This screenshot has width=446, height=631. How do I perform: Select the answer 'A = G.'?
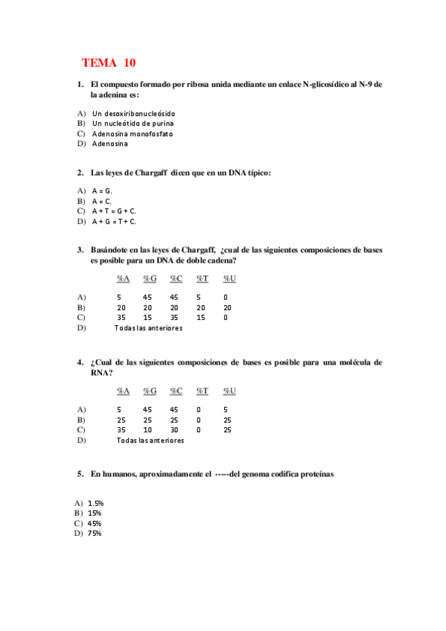[x=102, y=191]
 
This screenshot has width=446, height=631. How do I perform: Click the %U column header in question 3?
[x=229, y=278]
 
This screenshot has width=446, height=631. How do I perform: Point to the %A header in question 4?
[x=123, y=391]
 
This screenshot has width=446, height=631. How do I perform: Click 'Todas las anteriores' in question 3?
[x=148, y=327]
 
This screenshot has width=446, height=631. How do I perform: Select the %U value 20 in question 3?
[x=228, y=307]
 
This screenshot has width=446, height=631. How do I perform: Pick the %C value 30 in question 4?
[x=174, y=429]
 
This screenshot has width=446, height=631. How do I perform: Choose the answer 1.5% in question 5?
[x=95, y=503]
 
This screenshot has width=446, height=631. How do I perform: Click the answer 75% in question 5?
[x=95, y=534]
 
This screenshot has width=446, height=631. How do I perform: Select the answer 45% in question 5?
[x=95, y=523]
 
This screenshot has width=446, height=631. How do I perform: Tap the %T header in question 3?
[x=202, y=278]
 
